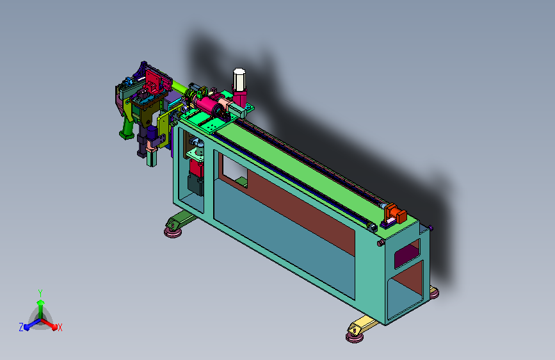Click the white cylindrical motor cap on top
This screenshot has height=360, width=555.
pyautogui.click(x=239, y=79)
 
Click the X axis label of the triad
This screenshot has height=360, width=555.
pyautogui.click(x=60, y=327)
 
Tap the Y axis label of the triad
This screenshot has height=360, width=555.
pyautogui.click(x=40, y=293)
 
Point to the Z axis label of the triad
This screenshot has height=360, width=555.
pyautogui.click(x=21, y=327)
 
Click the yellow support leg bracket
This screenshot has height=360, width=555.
pyautogui.click(x=362, y=325)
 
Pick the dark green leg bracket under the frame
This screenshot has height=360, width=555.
pyautogui.click(x=181, y=219)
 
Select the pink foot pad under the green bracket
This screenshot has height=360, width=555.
pyautogui.click(x=173, y=232)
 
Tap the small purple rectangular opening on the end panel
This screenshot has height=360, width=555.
pyautogui.click(x=407, y=253)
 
